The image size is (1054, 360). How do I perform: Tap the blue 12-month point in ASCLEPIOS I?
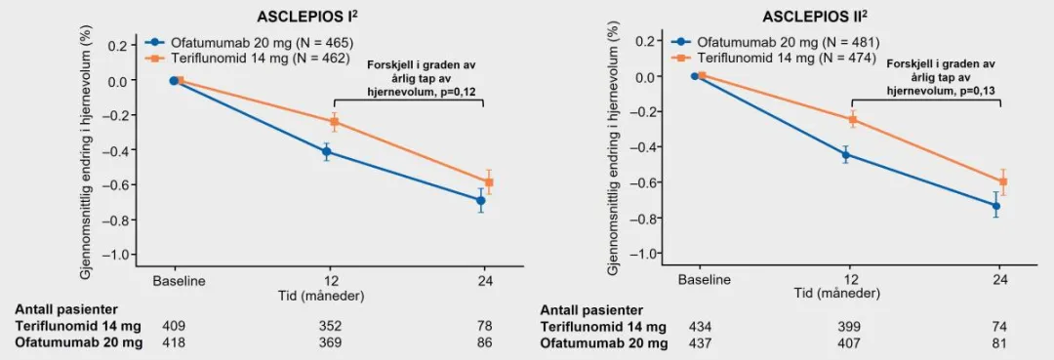coord(327,152)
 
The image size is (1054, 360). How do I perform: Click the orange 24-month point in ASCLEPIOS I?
coord(489,182)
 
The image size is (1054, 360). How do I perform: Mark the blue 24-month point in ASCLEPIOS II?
coord(996,206)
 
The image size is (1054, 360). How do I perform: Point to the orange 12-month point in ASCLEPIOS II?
coord(852,119)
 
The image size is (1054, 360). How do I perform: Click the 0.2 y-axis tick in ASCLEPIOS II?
coord(643,41)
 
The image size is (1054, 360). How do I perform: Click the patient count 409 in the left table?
coord(174,326)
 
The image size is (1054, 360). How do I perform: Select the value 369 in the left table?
coord(332,342)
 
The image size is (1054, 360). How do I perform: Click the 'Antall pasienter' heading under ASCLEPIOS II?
coord(591,309)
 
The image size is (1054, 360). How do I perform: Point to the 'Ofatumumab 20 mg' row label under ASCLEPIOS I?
coord(77,342)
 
